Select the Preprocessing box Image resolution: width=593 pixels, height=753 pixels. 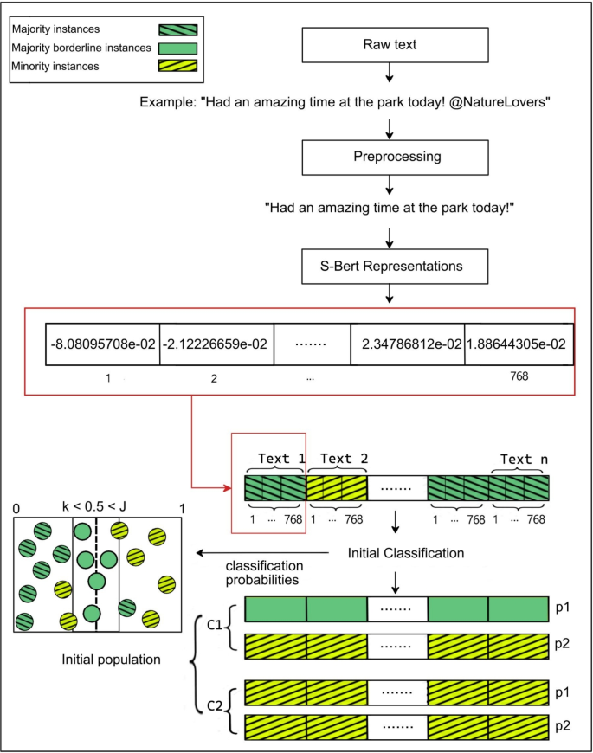pos(390,158)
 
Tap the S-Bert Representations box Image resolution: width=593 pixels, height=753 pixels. pos(390,266)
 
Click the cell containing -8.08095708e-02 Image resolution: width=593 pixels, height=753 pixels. pos(103,344)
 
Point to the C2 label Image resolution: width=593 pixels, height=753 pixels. pos(217,706)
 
